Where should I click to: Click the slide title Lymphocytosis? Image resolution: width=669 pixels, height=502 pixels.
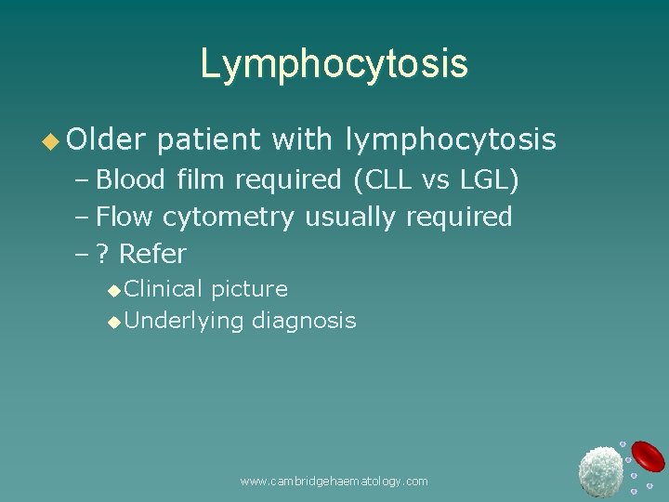coord(334,64)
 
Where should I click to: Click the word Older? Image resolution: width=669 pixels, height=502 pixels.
coord(106,139)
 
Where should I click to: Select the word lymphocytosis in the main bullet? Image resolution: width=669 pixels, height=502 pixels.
coord(451,139)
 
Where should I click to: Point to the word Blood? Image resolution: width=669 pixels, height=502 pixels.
coord(130,178)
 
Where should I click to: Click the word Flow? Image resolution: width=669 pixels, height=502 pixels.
coord(125,217)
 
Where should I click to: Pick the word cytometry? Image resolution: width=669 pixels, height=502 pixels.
coord(228,218)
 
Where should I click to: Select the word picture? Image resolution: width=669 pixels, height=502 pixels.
coord(249,290)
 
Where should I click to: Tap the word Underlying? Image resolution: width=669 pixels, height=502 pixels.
coord(183,321)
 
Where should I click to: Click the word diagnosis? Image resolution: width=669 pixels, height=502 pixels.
coord(304,321)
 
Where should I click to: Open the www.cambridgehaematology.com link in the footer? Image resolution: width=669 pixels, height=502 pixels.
coord(334,481)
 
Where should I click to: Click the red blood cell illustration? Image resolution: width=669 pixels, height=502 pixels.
coord(648,456)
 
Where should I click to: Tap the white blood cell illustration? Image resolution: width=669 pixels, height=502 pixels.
coord(600,470)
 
